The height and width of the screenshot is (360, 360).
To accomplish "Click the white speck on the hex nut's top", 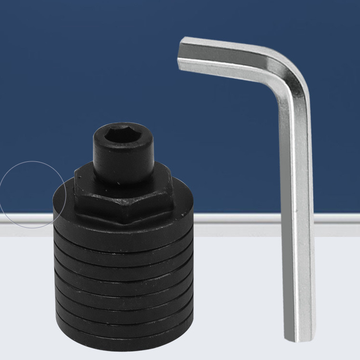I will click(x=119, y=184).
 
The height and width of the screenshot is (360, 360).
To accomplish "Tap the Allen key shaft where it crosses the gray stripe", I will click(x=297, y=219).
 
